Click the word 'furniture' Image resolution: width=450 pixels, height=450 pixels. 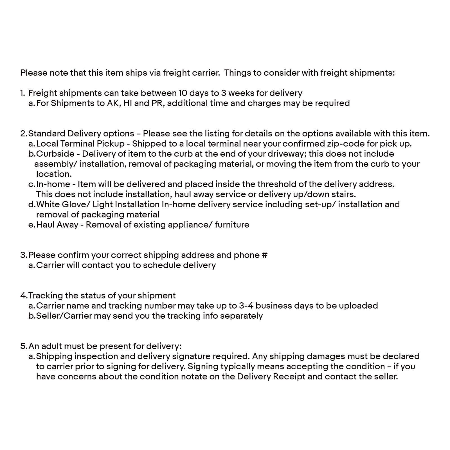click(x=232, y=225)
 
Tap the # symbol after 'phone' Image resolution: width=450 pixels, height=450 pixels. click(x=264, y=255)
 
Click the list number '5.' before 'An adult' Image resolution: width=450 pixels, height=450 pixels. click(x=24, y=346)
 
